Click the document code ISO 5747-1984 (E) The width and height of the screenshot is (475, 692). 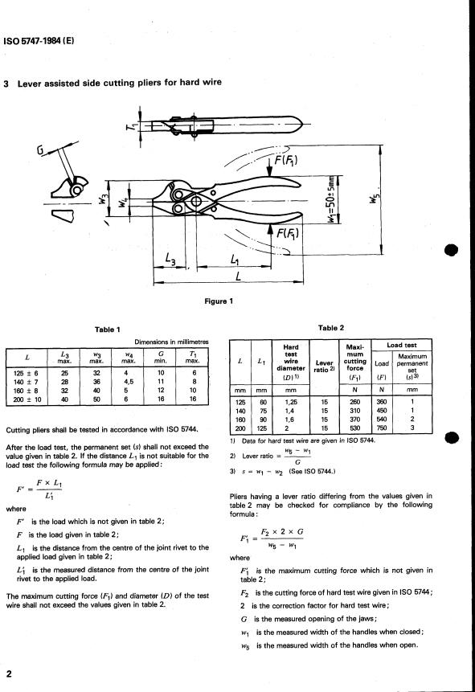pyautogui.click(x=39, y=42)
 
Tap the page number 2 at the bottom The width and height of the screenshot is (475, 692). pyautogui.click(x=9, y=674)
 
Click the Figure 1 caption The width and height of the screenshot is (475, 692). pyautogui.click(x=219, y=301)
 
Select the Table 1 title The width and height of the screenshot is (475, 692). pyautogui.click(x=107, y=330)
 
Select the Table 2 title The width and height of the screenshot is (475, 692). pyautogui.click(x=330, y=328)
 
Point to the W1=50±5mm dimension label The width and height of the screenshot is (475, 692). pyautogui.click(x=332, y=199)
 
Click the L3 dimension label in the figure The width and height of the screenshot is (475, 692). pyautogui.click(x=170, y=259)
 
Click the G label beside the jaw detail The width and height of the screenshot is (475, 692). pyautogui.click(x=41, y=150)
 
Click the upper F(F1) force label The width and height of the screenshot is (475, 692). pyautogui.click(x=286, y=159)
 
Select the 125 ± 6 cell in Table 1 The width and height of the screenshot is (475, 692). pyautogui.click(x=26, y=374)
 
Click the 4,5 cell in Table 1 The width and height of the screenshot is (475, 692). pyautogui.click(x=129, y=382)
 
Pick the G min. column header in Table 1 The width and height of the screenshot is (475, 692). pyautogui.click(x=160, y=357)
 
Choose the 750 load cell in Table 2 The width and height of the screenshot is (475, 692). pyautogui.click(x=382, y=428)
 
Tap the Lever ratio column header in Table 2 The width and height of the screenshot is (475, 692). pyautogui.click(x=324, y=366)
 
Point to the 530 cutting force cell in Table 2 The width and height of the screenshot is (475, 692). pyautogui.click(x=355, y=428)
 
